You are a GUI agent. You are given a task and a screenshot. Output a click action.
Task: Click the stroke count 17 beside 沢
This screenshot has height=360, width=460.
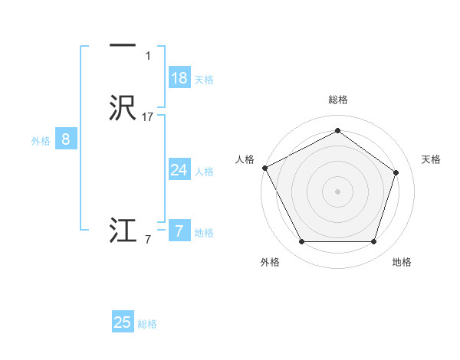click(148, 117)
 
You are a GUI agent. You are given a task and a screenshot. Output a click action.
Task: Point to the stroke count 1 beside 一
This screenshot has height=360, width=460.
click(148, 56)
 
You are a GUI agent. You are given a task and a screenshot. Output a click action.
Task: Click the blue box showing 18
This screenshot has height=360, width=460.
click(179, 78)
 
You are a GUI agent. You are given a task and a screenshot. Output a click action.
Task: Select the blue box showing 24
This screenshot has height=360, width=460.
click(179, 170)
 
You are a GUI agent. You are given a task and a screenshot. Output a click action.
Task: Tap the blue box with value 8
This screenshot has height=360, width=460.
click(66, 139)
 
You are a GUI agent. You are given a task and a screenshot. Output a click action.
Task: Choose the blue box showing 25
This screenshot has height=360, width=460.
click(123, 322)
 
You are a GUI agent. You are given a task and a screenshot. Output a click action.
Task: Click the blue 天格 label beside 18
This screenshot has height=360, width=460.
click(204, 80)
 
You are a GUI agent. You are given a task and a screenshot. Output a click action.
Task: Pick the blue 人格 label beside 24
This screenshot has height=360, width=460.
click(204, 172)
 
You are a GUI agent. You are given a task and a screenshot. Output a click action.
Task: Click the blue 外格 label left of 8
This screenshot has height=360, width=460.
click(41, 141)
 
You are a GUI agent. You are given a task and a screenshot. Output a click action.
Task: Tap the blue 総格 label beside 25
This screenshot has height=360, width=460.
click(147, 324)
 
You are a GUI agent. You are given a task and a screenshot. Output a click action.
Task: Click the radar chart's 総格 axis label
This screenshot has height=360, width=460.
click(337, 100)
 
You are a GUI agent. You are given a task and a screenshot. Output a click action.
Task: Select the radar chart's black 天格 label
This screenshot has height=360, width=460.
click(432, 159)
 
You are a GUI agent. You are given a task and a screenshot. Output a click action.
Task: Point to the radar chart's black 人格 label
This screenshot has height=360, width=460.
click(245, 159)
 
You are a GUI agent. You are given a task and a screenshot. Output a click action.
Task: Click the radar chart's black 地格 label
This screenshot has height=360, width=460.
click(402, 262)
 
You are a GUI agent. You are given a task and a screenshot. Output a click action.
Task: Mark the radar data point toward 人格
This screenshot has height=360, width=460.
click(264, 168)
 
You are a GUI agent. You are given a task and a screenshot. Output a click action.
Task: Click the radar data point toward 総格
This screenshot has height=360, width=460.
click(337, 130)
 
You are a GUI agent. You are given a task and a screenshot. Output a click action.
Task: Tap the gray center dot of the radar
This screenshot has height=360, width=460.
click(337, 191)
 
